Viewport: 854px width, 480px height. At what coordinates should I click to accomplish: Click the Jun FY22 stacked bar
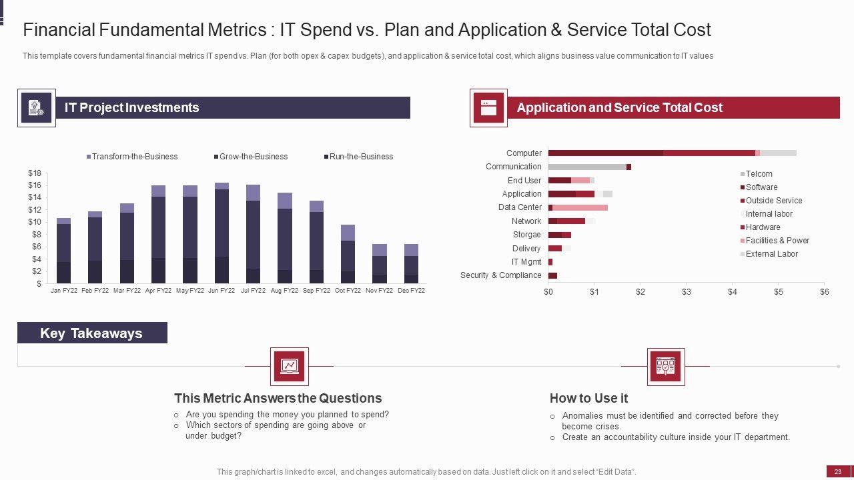pos(222,233)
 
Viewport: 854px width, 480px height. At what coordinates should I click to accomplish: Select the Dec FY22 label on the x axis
pos(411,291)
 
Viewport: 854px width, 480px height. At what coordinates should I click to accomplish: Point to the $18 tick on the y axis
pos(35,173)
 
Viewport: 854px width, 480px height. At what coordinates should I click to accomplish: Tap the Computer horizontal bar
pos(672,153)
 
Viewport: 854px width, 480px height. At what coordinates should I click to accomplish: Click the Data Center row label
pos(520,207)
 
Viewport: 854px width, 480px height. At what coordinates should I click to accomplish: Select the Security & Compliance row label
pos(501,275)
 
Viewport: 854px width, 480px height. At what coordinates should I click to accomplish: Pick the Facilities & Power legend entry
pos(777,241)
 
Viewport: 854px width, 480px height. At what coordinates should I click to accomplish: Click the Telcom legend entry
pos(759,174)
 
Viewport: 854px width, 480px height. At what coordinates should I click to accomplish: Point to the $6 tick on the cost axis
pos(825,292)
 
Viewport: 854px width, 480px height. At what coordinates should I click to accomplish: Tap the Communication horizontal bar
pos(589,167)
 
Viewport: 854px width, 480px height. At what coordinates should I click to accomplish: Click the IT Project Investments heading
pos(131,108)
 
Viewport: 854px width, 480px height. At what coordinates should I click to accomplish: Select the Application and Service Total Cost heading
pos(619,108)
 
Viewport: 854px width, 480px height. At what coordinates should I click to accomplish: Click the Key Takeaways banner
pos(91,333)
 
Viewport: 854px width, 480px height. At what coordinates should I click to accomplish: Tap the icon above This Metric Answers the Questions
pos(290,366)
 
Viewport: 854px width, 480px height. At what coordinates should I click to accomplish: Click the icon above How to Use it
pos(666,367)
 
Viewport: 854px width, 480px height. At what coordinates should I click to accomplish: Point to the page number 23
pos(838,471)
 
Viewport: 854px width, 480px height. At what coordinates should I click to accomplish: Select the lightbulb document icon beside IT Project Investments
pos(36,108)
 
